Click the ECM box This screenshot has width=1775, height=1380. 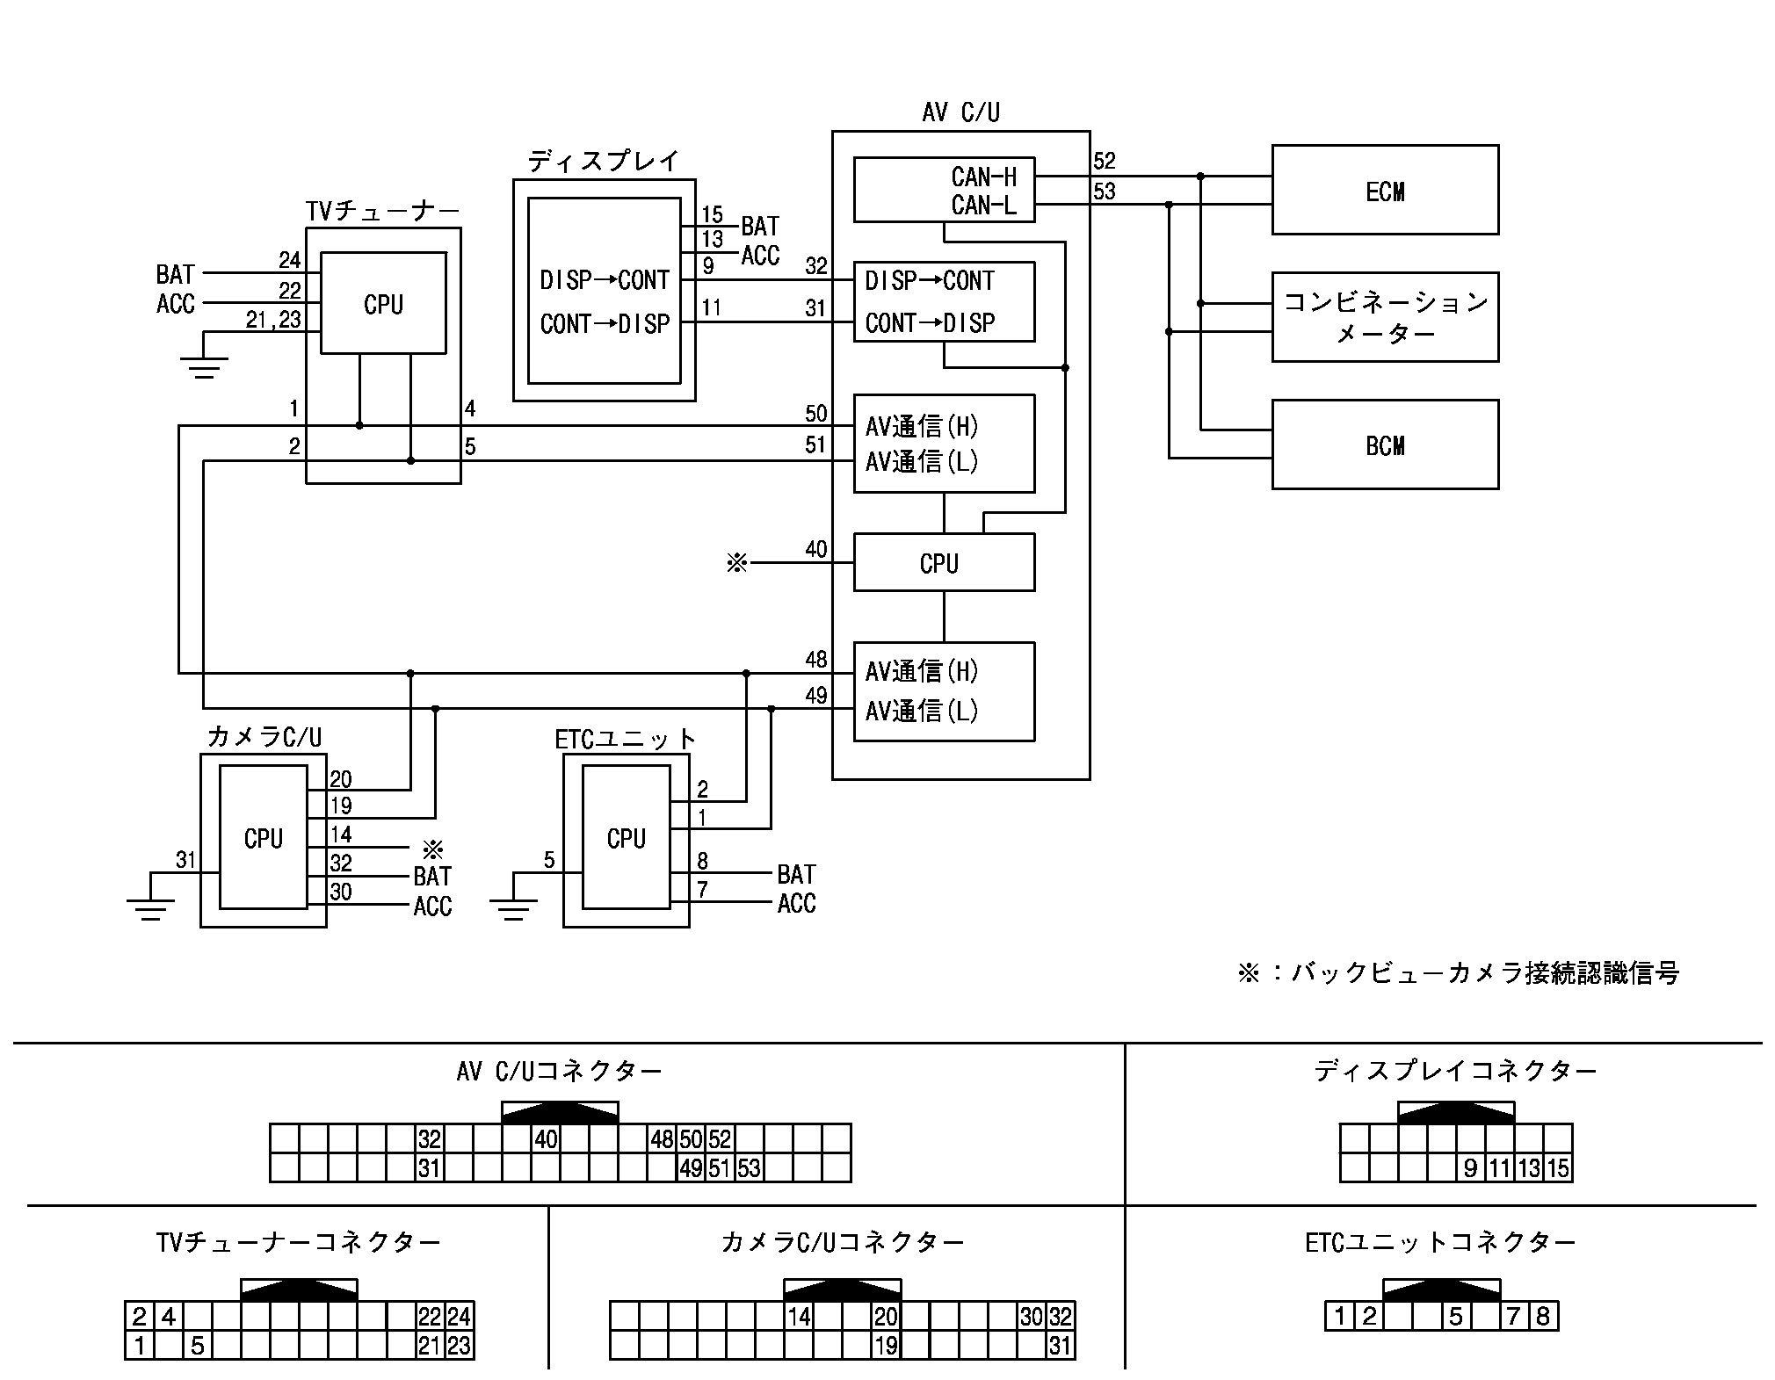(1385, 190)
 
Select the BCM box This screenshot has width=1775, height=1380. (1385, 444)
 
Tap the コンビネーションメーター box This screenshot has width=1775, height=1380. (1385, 317)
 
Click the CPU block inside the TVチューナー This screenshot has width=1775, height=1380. (383, 304)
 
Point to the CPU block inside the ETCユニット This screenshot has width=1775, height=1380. (626, 837)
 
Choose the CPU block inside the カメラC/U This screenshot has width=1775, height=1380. (263, 837)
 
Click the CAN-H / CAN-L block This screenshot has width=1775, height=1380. (944, 190)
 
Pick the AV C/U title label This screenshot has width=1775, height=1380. (960, 112)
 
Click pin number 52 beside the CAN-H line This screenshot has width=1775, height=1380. (1105, 161)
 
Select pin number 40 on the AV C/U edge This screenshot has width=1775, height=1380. (816, 549)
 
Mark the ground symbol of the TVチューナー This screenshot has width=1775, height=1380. (204, 366)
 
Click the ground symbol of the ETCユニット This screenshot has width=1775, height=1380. (513, 909)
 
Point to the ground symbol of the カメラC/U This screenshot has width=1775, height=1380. (150, 909)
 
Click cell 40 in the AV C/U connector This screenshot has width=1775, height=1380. (546, 1139)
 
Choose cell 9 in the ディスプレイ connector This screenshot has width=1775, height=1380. (1471, 1168)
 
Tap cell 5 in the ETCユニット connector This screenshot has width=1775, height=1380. (1456, 1316)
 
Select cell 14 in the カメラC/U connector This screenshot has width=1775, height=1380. (799, 1316)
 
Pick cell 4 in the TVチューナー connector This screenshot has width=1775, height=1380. (169, 1316)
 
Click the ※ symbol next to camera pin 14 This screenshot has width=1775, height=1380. (432, 849)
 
